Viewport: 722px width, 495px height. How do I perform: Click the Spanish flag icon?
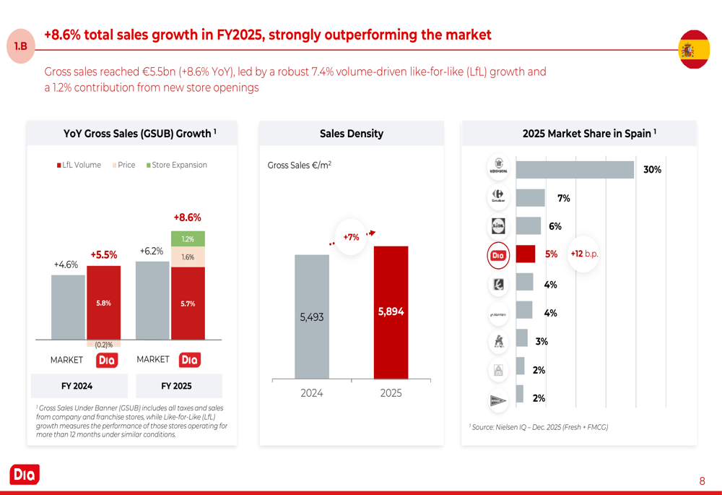(694, 50)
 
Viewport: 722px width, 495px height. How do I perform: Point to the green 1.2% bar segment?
(188, 238)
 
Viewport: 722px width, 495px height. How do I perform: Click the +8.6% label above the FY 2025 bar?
(187, 217)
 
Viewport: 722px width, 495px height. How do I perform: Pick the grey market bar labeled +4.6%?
(68, 307)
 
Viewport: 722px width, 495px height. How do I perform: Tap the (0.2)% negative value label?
(104, 345)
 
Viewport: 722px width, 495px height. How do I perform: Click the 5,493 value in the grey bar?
(312, 317)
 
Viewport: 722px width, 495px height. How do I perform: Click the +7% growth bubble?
(351, 237)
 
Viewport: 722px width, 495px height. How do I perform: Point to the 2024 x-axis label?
(312, 393)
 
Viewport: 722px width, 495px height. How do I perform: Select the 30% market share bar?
(575, 169)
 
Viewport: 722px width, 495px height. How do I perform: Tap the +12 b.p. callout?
(584, 254)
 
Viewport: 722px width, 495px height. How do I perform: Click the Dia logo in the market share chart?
(498, 255)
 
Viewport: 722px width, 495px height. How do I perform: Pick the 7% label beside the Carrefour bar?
(564, 198)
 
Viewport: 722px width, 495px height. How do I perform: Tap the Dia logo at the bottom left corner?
(25, 475)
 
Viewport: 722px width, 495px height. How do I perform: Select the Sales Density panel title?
(352, 134)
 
